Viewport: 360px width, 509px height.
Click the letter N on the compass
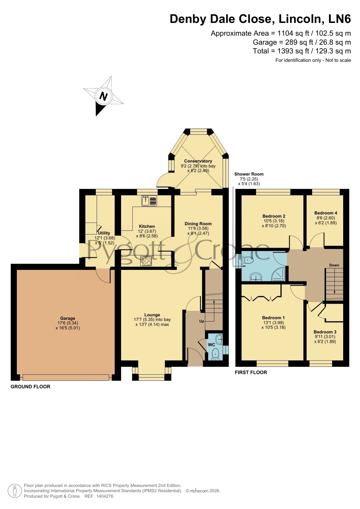(104, 96)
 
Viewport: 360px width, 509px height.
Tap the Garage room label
(68, 318)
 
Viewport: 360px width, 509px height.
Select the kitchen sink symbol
(149, 201)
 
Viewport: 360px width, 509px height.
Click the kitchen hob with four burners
(146, 261)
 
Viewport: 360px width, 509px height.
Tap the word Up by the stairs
(202, 321)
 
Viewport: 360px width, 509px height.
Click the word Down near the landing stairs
(334, 265)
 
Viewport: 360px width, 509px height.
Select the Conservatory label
(198, 161)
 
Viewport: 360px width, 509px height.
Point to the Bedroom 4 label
(326, 213)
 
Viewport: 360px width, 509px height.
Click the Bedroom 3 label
(325, 332)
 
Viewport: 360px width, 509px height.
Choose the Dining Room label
(198, 224)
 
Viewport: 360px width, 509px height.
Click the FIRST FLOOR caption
(251, 372)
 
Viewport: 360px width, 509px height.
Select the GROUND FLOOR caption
(30, 387)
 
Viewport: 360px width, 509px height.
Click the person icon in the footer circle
(15, 491)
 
